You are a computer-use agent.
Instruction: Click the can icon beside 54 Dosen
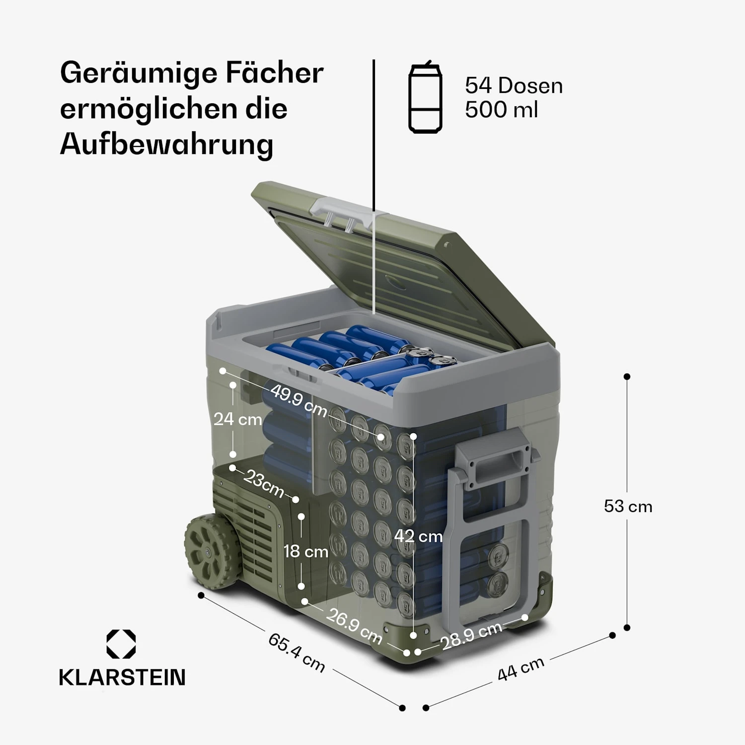425,98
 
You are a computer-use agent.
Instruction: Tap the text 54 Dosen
514,86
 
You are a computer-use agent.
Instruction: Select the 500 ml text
501,110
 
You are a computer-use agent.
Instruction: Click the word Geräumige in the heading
139,74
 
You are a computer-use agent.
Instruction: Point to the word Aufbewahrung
166,145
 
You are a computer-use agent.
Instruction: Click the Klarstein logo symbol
121,644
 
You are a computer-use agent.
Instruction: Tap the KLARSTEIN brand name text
122,677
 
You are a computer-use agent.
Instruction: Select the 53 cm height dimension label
628,506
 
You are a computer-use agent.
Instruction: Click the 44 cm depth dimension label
521,669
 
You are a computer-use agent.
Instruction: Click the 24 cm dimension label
237,419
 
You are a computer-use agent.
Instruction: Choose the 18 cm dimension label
305,551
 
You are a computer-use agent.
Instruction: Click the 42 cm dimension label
418,536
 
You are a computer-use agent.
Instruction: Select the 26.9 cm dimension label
354,625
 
